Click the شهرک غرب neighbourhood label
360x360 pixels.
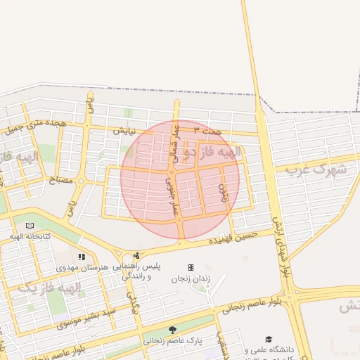[321, 169]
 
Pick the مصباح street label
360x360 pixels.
[60, 181]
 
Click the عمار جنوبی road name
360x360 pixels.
[172, 195]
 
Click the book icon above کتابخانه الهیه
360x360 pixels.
[30, 226]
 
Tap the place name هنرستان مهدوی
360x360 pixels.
[84, 269]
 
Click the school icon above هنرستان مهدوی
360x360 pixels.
[82, 257]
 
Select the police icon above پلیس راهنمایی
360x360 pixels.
[136, 256]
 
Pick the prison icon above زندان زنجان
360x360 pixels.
[191, 268]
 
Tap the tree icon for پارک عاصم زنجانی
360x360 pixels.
[173, 329]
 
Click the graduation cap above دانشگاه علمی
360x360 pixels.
[269, 339]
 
